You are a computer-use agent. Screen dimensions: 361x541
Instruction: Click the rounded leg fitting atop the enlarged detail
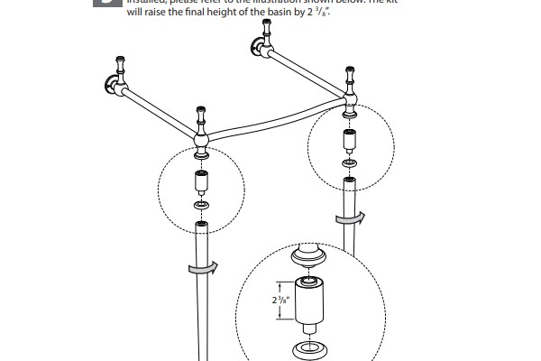pyautogui.click(x=307, y=260)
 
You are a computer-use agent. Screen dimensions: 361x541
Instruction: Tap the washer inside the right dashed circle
pyautogui.click(x=348, y=163)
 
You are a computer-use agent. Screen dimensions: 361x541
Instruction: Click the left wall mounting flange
pyautogui.click(x=111, y=88)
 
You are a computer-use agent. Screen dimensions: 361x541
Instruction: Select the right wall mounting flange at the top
pyautogui.click(x=259, y=51)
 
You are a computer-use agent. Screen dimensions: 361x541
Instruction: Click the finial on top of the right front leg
pyautogui.click(x=347, y=74)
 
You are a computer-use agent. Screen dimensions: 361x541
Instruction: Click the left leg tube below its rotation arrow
pyautogui.click(x=201, y=316)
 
